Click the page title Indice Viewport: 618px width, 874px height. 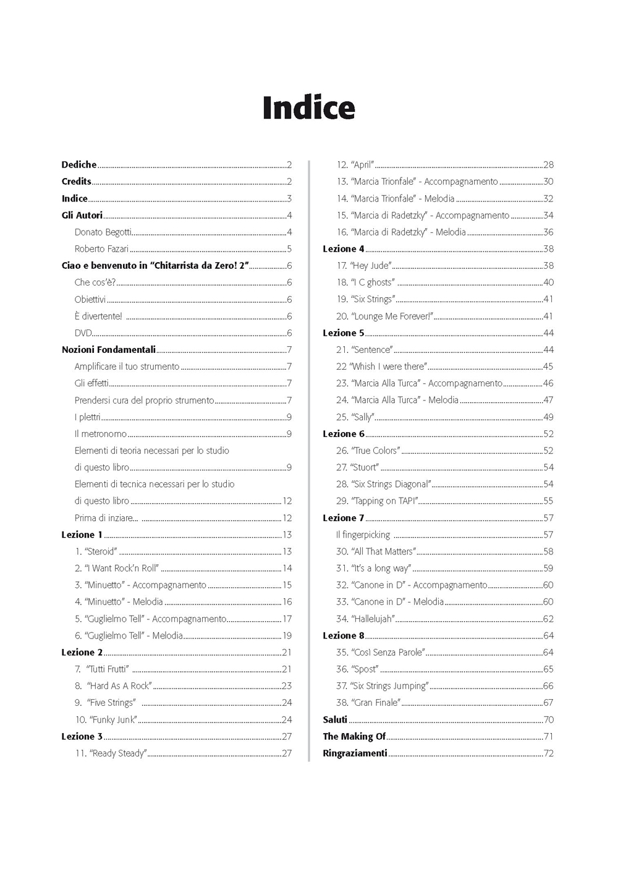[x=308, y=108]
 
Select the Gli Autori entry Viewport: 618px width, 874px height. [x=82, y=215]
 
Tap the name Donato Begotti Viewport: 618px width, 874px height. [x=103, y=232]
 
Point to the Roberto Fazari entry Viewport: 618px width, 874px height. [x=101, y=249]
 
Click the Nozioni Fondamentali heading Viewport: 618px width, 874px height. [x=109, y=350]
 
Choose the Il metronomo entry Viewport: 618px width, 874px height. [x=101, y=434]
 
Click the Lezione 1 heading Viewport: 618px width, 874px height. [x=82, y=535]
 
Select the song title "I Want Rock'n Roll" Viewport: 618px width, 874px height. [x=121, y=568]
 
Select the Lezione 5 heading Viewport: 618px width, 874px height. [x=344, y=333]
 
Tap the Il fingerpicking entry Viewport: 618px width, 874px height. [x=363, y=535]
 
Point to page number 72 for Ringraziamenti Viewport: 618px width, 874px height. [x=548, y=753]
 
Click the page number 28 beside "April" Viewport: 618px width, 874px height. [x=548, y=165]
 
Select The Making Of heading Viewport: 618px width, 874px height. [x=354, y=736]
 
